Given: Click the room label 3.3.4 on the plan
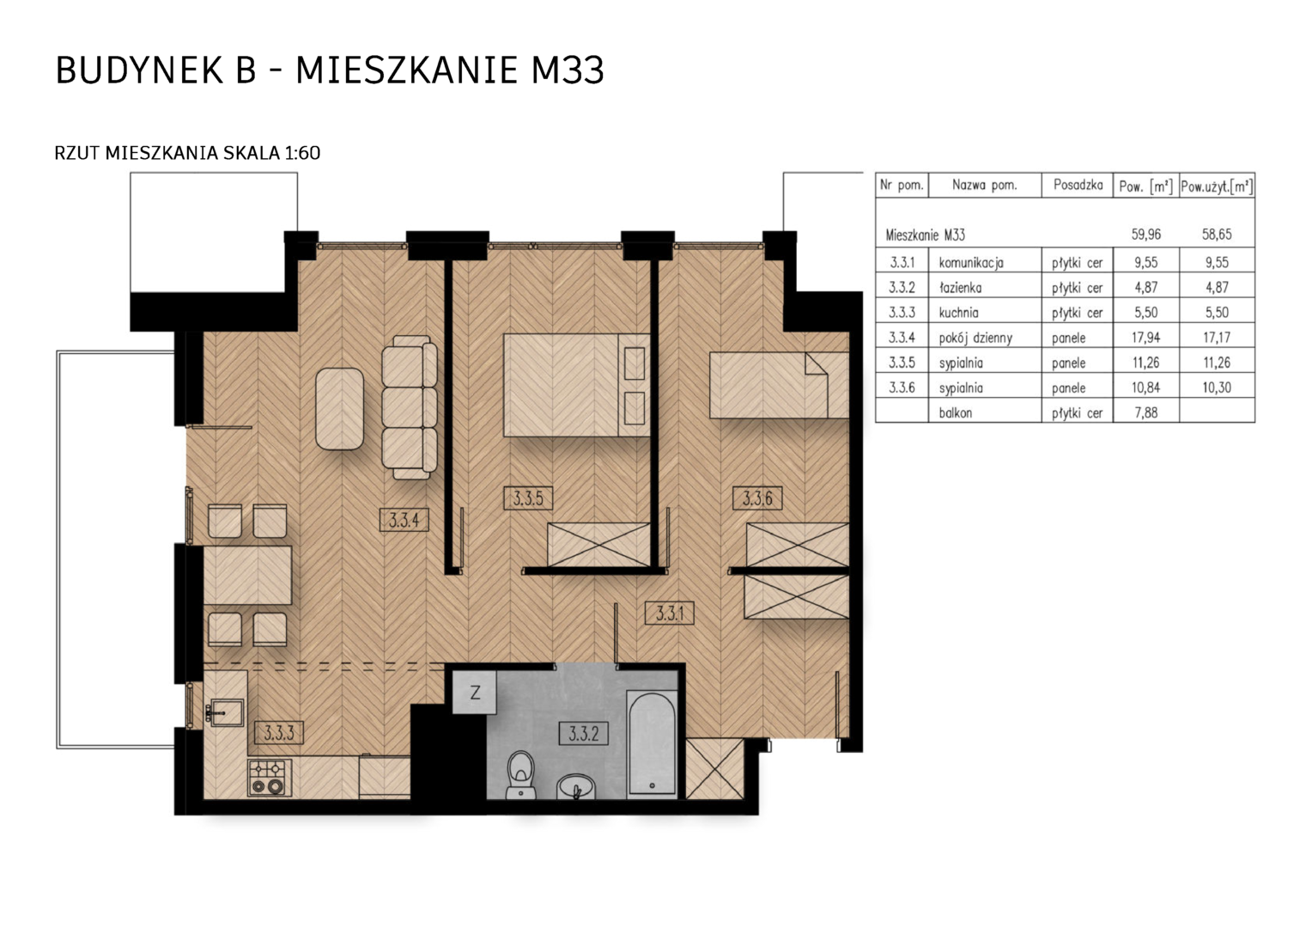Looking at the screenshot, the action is click(x=404, y=519).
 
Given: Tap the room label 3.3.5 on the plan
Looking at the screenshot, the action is click(x=528, y=498).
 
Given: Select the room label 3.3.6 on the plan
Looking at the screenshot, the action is click(x=757, y=498).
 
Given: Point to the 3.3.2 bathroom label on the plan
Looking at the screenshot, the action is click(x=583, y=733).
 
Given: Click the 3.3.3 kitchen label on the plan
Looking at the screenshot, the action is click(x=279, y=733).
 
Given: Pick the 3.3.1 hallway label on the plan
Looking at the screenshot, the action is click(x=670, y=614).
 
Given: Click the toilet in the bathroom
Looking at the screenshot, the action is click(x=520, y=774).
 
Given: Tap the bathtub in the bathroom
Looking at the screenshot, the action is click(x=652, y=743).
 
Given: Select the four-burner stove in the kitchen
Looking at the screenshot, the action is click(x=270, y=778).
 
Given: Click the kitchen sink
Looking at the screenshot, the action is click(x=226, y=713).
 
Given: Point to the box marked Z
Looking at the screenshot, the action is click(x=475, y=693).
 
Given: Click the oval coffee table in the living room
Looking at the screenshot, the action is click(x=340, y=409).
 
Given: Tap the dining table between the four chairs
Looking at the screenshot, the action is click(x=247, y=575).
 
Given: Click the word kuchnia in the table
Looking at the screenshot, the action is click(x=958, y=313).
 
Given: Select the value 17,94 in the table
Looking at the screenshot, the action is click(x=1145, y=337).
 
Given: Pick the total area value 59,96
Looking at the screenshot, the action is click(x=1145, y=235).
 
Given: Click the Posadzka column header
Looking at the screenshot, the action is click(x=1078, y=186).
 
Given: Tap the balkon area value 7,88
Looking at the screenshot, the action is click(x=1145, y=412).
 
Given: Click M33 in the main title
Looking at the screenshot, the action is click(x=567, y=70).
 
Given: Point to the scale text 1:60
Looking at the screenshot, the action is click(x=302, y=153).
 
